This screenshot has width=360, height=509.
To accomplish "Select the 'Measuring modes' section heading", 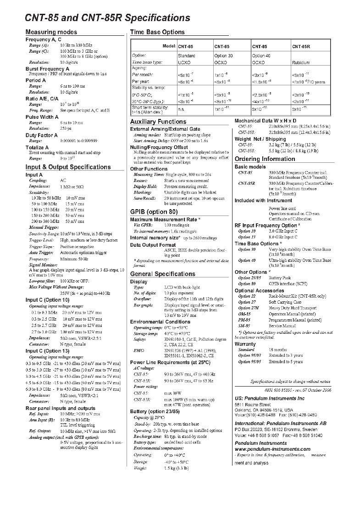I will (x=51, y=32).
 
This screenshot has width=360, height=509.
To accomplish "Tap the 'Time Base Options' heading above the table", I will (x=157, y=32).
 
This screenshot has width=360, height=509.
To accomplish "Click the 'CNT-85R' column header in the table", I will (x=301, y=47).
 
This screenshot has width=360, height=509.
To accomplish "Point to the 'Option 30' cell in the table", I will (x=223, y=55).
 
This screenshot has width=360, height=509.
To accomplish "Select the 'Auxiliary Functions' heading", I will (x=158, y=122).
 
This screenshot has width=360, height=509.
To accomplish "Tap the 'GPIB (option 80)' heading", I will (x=154, y=212).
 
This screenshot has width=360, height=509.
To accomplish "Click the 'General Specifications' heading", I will (x=163, y=274).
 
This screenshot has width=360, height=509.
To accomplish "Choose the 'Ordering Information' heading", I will (x=265, y=159).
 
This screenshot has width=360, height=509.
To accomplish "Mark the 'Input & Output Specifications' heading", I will (x=68, y=167).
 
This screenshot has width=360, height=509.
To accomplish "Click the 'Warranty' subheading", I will (x=245, y=344).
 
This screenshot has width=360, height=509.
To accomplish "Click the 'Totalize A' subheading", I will (x=37, y=148).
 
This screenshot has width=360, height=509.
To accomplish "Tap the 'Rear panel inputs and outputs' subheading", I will (x=61, y=408).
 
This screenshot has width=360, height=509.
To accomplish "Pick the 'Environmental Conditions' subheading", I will (x=160, y=322).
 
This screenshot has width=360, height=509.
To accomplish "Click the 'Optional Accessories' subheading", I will (x=260, y=291).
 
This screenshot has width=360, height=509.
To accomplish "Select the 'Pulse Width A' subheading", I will (x=42, y=117).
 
